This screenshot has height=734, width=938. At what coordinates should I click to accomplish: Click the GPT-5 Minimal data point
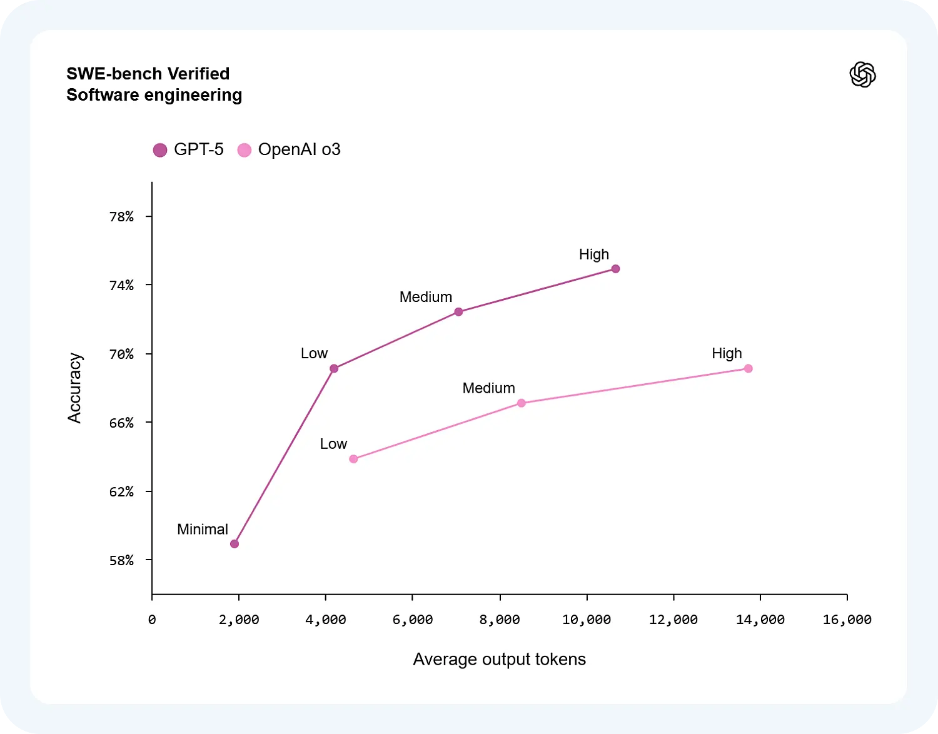tap(234, 544)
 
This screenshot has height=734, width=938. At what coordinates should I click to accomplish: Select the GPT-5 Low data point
tap(334, 369)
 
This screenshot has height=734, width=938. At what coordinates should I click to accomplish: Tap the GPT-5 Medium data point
tap(458, 312)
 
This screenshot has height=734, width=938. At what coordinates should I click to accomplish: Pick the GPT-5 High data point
tap(615, 269)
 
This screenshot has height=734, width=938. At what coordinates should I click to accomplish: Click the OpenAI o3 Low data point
tap(353, 459)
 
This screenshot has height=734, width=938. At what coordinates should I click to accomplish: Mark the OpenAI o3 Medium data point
tap(522, 403)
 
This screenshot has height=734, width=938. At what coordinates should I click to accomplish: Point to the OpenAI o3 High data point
tap(748, 369)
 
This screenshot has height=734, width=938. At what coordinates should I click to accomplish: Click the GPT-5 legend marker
tap(160, 150)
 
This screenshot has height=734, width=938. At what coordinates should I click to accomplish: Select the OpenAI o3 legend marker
tap(245, 150)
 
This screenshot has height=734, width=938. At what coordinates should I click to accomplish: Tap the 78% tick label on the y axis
tap(121, 217)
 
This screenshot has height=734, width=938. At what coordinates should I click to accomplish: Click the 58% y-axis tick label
tap(121, 561)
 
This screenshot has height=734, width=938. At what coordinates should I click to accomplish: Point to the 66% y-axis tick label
tap(121, 423)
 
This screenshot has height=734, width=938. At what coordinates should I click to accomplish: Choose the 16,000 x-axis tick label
tap(847, 620)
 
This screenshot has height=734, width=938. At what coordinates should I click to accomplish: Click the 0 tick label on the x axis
tap(152, 620)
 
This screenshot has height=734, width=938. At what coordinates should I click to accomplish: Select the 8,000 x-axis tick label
tap(500, 620)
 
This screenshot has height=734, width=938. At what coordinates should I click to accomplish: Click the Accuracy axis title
tap(75, 388)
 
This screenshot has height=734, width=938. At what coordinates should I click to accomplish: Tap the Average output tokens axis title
tap(499, 660)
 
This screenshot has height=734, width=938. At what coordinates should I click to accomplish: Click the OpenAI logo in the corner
tap(862, 75)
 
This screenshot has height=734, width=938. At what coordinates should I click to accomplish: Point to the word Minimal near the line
tap(203, 530)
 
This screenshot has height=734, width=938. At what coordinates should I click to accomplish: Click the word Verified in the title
tap(198, 74)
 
